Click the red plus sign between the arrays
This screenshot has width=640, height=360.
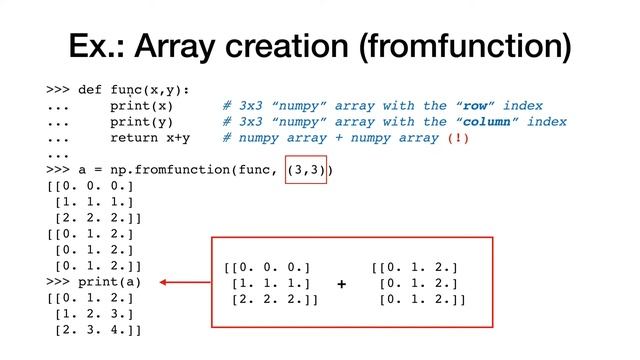(x=342, y=285)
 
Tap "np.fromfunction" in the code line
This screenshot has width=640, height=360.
(x=165, y=170)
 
